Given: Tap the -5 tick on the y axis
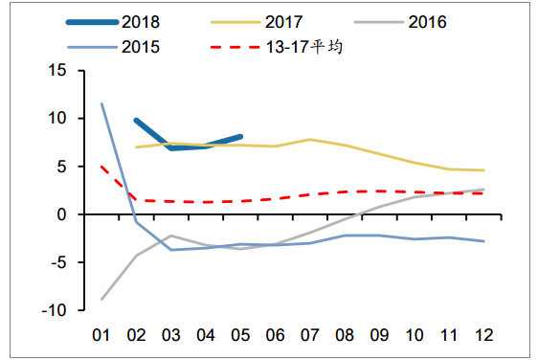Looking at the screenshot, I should point(56,262).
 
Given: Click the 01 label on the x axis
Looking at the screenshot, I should point(101,335).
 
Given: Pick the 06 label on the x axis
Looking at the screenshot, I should point(275,335).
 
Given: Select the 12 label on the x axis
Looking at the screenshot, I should point(483,335).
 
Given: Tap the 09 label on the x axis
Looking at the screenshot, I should point(379,335).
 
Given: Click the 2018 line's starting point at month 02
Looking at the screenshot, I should point(136,121).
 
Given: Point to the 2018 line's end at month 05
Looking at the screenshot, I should point(240,137).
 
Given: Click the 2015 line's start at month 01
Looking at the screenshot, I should point(101,103).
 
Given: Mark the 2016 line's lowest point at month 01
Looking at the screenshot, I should point(101,300).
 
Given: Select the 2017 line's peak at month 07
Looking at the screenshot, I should point(310,139).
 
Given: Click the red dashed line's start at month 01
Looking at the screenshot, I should point(101,167).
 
